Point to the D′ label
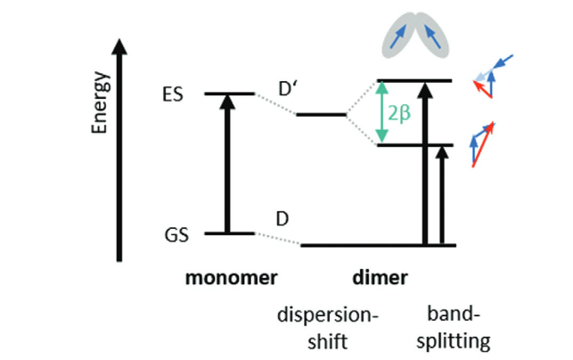coord(287,90)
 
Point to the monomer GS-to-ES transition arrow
coord(228,165)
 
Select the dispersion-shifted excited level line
coord(321,115)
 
